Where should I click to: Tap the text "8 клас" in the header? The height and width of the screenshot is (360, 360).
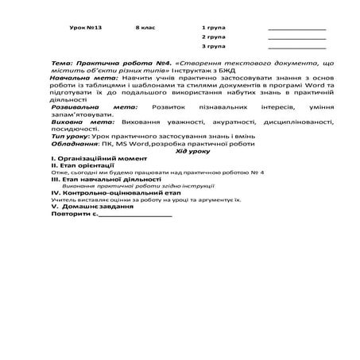(x=145, y=28)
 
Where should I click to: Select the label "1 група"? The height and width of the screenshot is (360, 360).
(x=213, y=28)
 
